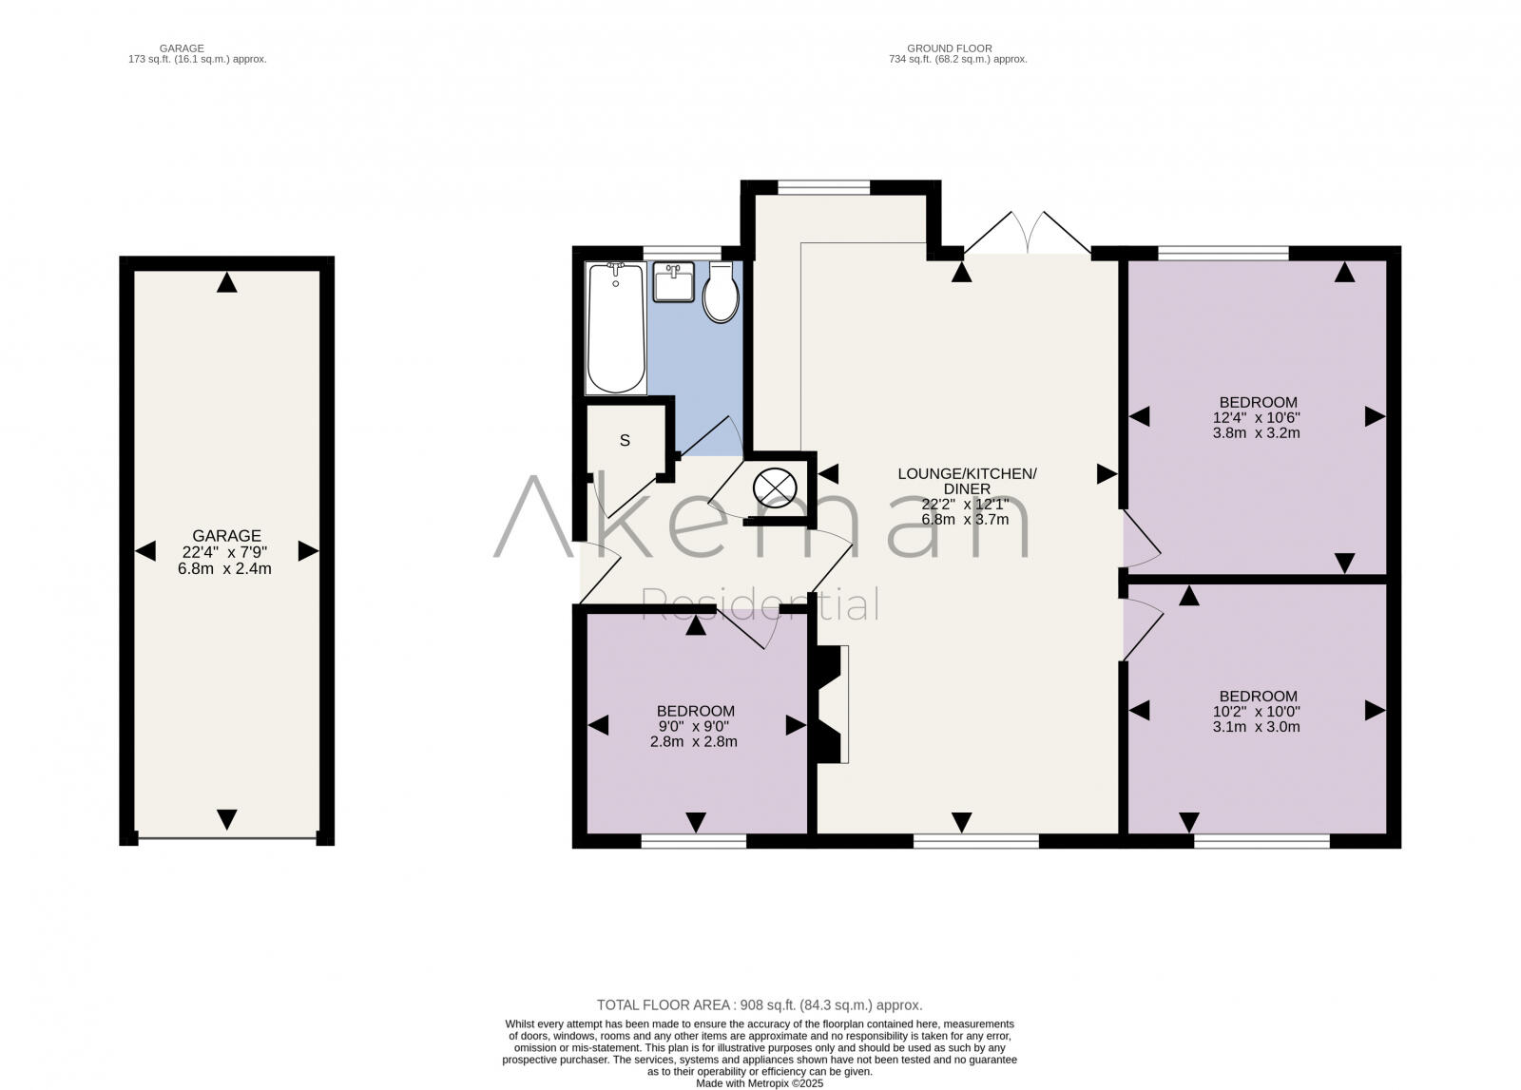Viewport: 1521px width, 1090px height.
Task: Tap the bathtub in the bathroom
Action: click(x=616, y=329)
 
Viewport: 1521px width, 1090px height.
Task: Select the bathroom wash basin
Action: click(x=675, y=283)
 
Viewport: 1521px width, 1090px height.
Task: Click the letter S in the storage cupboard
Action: click(x=625, y=441)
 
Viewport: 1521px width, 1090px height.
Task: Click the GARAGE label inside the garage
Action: click(x=226, y=536)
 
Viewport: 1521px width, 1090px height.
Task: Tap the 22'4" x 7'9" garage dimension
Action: click(x=226, y=552)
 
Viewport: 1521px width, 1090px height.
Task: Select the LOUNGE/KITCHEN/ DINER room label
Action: click(x=967, y=481)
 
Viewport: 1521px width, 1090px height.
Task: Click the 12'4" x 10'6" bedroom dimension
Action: click(x=1258, y=417)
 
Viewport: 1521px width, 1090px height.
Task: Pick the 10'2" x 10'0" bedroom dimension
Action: click(x=1258, y=711)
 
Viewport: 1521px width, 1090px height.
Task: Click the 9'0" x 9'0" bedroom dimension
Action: click(x=696, y=726)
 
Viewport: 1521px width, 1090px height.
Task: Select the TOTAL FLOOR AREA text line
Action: click(x=760, y=1004)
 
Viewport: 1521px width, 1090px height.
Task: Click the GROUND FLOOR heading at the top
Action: click(x=949, y=48)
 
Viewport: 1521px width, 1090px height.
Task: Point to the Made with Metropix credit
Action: click(x=760, y=1082)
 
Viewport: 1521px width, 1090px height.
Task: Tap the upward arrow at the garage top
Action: click(x=226, y=283)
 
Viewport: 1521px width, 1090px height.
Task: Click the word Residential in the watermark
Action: click(x=760, y=604)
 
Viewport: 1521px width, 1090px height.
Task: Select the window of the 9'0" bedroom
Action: click(x=693, y=840)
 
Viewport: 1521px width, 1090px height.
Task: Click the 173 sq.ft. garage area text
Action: click(x=198, y=59)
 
